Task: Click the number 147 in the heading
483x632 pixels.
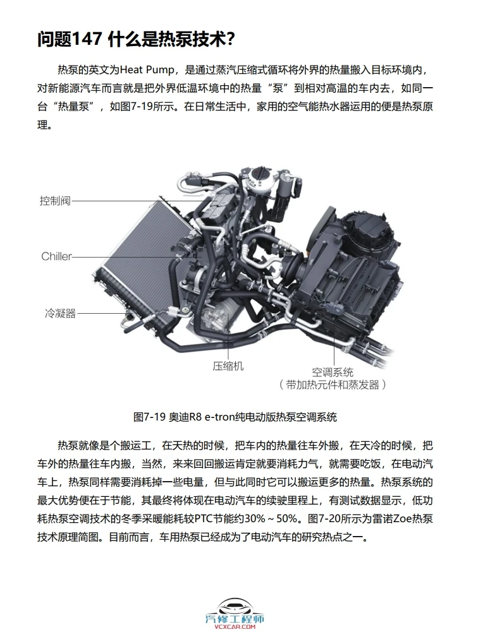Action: coord(88,39)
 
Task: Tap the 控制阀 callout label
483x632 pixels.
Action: coord(55,201)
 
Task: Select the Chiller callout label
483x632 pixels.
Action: coord(57,256)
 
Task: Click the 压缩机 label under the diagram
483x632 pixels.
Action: coord(228,366)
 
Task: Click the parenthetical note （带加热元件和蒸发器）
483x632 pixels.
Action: coord(333,384)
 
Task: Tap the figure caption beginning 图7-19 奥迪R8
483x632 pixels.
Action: coord(235,417)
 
